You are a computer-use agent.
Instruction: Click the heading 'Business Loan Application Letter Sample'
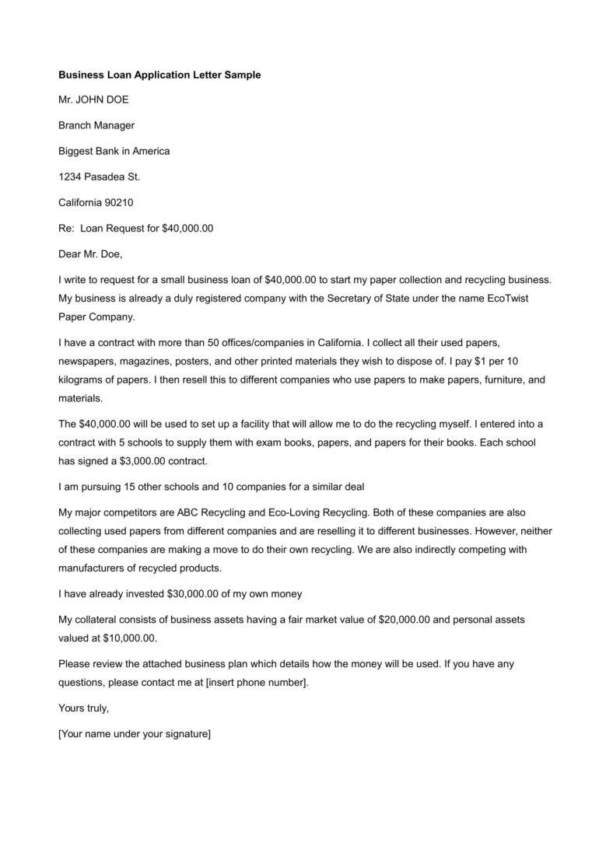coord(159,75)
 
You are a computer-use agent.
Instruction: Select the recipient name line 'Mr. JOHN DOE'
coord(93,100)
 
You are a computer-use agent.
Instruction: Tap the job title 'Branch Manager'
coord(96,125)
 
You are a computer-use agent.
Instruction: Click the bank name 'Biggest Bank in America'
coord(114,151)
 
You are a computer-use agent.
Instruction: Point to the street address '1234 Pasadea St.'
coord(99,177)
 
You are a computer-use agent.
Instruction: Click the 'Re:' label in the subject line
coord(66,228)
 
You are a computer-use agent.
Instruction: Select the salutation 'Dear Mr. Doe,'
coord(90,253)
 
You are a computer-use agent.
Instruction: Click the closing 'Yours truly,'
coord(83,708)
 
